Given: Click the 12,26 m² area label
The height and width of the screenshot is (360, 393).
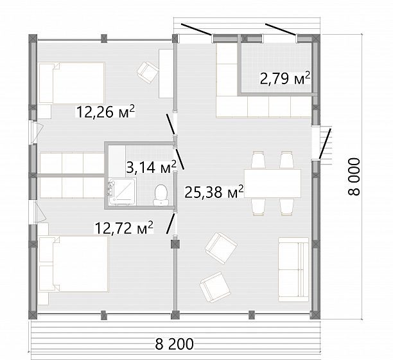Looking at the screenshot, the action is click(105, 112).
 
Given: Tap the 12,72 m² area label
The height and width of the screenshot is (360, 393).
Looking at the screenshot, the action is click(124, 228).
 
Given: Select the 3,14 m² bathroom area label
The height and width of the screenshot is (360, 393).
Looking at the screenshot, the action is click(151, 167).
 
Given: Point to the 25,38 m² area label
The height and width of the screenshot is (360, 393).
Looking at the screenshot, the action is click(214, 192).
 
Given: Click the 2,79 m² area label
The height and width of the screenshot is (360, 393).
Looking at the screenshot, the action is click(285, 79).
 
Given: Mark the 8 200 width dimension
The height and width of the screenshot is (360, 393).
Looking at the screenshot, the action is click(175, 344).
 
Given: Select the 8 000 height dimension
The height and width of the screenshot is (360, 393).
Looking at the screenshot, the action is click(354, 176).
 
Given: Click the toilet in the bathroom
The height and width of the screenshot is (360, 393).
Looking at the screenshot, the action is click(161, 195).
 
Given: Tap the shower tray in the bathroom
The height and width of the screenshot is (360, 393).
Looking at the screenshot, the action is click(122, 192).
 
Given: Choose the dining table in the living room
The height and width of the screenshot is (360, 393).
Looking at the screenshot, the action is click(272, 184).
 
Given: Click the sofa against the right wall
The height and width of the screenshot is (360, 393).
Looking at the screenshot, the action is click(293, 269).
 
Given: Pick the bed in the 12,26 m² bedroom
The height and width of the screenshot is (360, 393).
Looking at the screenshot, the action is click(72, 83).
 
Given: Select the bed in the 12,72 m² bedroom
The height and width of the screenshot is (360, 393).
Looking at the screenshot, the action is click(74, 264).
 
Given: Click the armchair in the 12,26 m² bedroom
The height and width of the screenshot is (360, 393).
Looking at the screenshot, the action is click(148, 73).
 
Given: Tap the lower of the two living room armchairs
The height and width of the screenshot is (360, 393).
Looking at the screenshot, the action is click(215, 287).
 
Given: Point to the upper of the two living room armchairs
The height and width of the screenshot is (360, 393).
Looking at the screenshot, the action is click(221, 248).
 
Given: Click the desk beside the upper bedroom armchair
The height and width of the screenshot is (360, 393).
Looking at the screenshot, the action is click(166, 73).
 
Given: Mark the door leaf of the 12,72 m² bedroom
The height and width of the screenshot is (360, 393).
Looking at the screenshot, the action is click(171, 223).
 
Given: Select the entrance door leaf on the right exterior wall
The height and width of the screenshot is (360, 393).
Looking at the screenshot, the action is click(324, 144).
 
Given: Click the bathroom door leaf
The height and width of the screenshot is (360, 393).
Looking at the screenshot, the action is click(180, 159).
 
